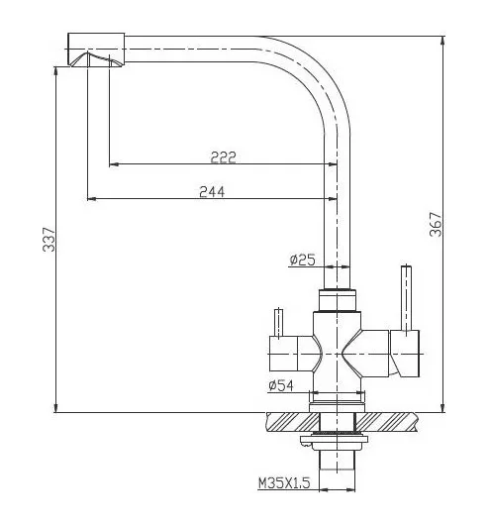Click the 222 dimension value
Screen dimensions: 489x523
pos(223,157)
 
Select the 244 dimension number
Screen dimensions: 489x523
pos(212,192)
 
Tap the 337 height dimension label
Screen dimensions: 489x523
pos(49,239)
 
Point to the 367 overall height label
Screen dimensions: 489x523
pos(436,224)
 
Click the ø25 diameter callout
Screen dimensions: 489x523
pos(302,260)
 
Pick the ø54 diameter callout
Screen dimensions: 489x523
pos(281,385)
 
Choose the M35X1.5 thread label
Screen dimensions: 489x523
pos(284,482)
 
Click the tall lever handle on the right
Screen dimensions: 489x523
pos(406,298)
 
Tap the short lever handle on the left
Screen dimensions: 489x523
pos(278,323)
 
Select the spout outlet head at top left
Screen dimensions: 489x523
pos(96,50)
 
